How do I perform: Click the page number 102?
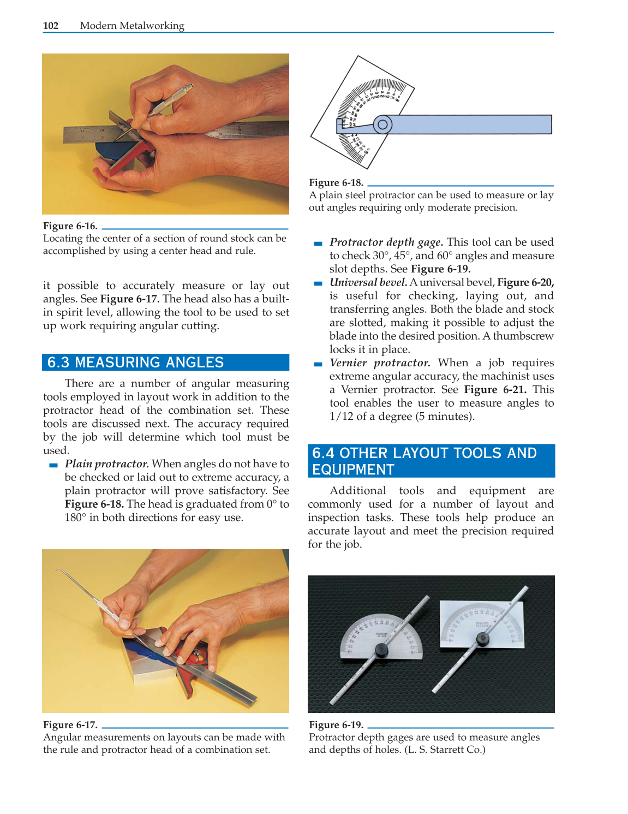51,26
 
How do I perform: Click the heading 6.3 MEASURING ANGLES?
135,363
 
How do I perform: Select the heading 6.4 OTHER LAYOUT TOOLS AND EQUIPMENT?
424,461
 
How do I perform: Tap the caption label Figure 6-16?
70,226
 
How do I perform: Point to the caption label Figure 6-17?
70,725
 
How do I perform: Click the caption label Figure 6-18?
336,183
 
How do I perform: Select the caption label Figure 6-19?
336,725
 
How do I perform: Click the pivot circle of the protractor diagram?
382,124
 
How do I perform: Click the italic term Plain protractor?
106,464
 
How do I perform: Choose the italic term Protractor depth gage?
386,242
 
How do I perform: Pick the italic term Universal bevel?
368,283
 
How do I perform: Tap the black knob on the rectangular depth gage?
482,638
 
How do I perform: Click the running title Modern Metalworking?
132,26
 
